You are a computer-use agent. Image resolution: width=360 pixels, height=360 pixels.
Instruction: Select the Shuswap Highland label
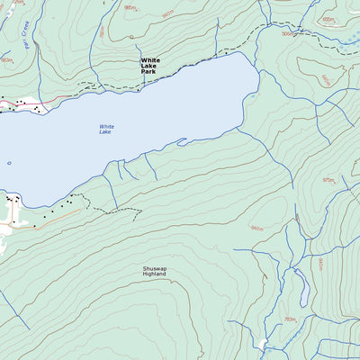(155, 272)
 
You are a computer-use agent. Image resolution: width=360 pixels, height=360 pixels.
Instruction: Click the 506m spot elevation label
(287, 34)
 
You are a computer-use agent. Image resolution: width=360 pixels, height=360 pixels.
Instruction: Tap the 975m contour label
(328, 180)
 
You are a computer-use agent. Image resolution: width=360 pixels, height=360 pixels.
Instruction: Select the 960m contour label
(257, 228)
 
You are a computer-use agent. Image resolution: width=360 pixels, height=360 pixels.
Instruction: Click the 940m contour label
(166, 13)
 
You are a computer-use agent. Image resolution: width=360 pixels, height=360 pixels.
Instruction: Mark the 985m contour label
(130, 7)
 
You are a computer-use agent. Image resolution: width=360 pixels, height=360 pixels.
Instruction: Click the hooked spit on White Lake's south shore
(183, 140)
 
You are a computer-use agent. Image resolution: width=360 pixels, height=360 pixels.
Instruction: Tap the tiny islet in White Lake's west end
(9, 163)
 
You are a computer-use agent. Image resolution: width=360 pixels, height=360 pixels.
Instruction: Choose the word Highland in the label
(155, 275)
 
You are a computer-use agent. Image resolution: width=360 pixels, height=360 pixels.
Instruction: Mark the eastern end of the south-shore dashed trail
(141, 210)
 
